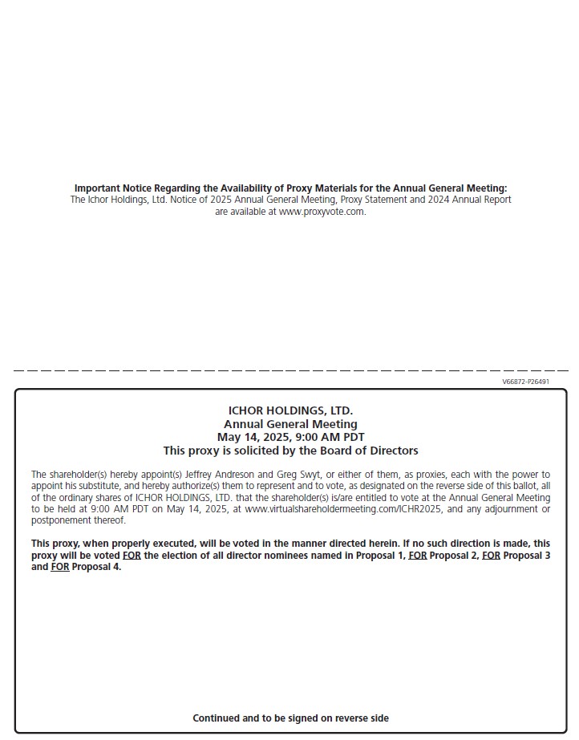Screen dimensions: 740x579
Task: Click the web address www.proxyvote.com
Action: [322, 212]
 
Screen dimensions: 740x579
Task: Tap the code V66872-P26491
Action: [525, 382]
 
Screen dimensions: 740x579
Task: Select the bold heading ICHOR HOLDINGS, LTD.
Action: [290, 410]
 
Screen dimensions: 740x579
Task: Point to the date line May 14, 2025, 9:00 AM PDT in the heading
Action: [290, 437]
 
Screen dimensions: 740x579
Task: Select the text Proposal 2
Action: [454, 555]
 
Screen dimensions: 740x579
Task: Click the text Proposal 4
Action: [96, 567]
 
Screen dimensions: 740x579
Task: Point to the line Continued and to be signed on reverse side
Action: [290, 718]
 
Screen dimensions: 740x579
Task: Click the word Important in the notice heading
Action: [97, 188]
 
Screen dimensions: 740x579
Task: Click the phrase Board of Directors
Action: [371, 451]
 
